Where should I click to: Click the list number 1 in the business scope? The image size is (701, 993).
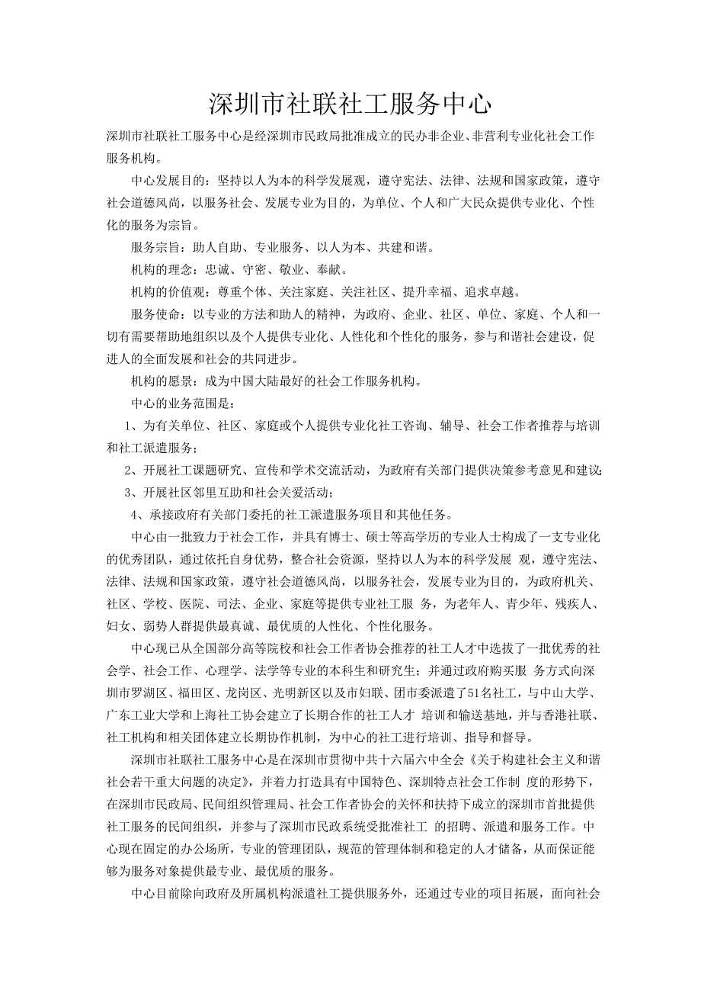(x=130, y=425)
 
